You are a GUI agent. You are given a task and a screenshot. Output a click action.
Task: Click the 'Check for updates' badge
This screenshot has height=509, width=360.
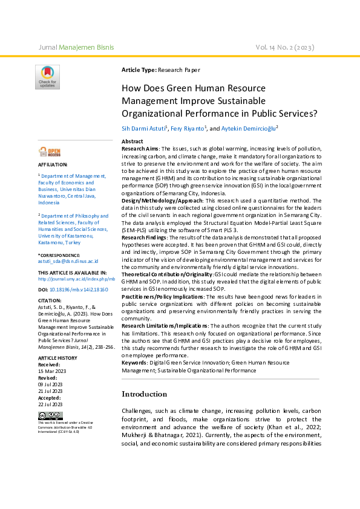point(47,77)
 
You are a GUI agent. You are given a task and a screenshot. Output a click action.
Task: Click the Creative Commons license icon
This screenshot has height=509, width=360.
point(50,415)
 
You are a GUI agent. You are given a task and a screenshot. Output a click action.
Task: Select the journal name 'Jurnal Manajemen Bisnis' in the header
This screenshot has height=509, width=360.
point(76,47)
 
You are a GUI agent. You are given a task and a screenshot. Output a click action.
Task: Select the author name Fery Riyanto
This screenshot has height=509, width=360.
point(188,128)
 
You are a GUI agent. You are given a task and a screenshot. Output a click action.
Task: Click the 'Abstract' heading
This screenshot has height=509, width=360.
point(133,141)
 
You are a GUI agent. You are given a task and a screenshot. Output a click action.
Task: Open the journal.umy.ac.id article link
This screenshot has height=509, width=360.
point(76,279)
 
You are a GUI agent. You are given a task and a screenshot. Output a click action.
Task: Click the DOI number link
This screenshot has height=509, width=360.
point(79,290)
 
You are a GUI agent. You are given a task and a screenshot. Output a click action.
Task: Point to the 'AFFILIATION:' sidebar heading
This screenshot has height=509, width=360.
point(53,164)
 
